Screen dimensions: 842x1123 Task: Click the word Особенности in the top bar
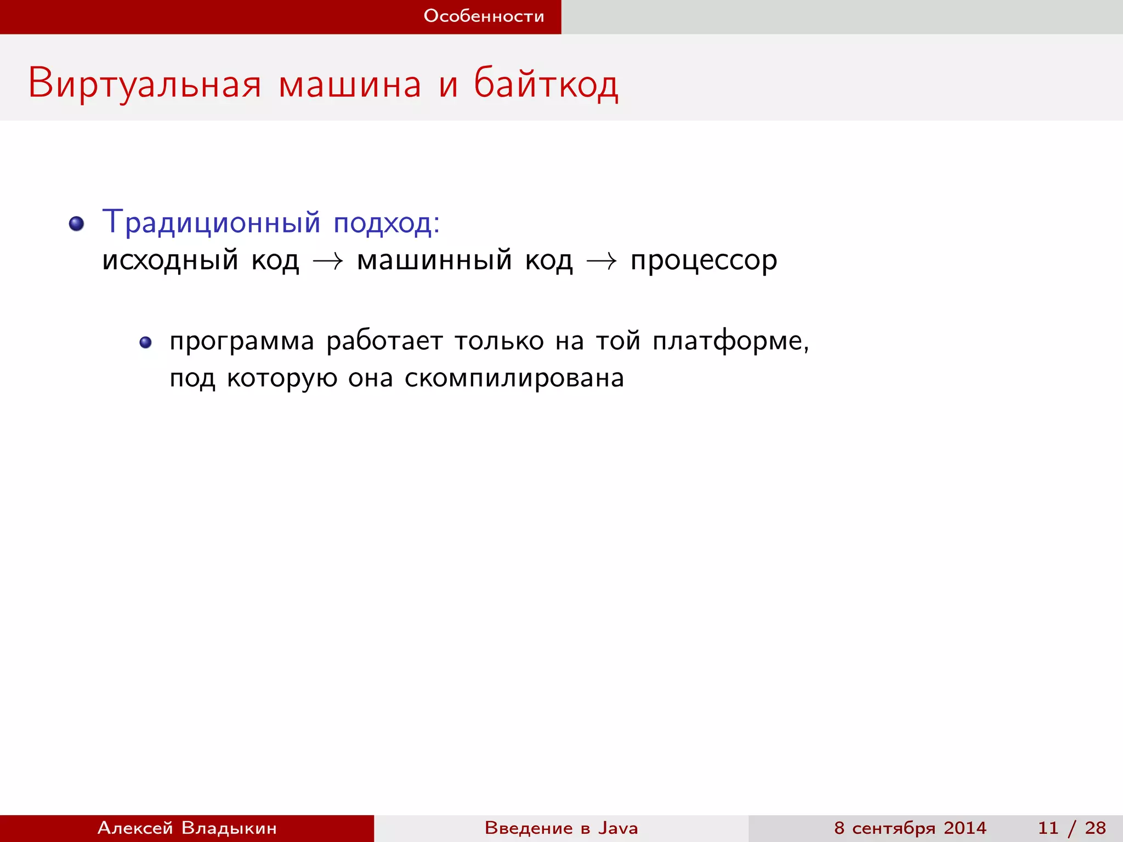tap(484, 16)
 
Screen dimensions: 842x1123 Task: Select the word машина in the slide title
tap(350, 84)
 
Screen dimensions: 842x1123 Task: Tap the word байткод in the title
tap(546, 84)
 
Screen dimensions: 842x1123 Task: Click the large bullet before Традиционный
tap(77, 224)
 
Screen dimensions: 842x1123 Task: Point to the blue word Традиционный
tap(211, 222)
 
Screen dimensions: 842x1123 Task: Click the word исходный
tap(170, 260)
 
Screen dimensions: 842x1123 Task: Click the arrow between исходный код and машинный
tap(328, 261)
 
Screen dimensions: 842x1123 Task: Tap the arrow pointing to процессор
tap(602, 261)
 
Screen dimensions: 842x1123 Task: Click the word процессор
tap(704, 261)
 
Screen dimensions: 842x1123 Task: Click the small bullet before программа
tap(145, 343)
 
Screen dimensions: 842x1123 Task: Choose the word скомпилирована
tap(514, 378)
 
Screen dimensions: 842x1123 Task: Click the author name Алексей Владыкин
tap(187, 828)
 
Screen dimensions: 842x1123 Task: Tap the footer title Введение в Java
tap(561, 828)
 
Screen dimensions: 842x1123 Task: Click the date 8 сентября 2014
tap(910, 828)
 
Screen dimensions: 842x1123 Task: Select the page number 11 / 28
tap(1071, 828)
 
